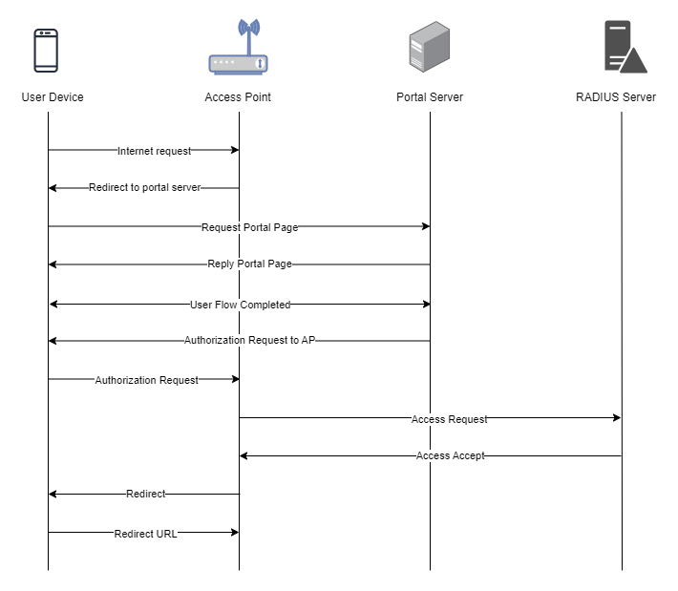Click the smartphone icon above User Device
pyautogui.click(x=46, y=51)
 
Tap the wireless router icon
pyautogui.click(x=238, y=47)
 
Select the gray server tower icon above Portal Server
pyautogui.click(x=430, y=47)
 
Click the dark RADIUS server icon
pyautogui.click(x=625, y=47)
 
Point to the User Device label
pyautogui.click(x=53, y=97)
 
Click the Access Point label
pyautogui.click(x=238, y=97)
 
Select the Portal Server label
pyautogui.click(x=430, y=97)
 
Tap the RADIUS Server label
pyautogui.click(x=616, y=97)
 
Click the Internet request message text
pyautogui.click(x=154, y=151)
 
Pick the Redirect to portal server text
pyautogui.click(x=145, y=188)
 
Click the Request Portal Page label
pyautogui.click(x=249, y=227)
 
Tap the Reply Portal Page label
pyautogui.click(x=249, y=264)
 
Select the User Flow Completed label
pyautogui.click(x=240, y=305)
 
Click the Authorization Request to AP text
pyautogui.click(x=249, y=340)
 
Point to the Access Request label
pyautogui.click(x=449, y=419)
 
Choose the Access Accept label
pyautogui.click(x=450, y=455)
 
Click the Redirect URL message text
pyautogui.click(x=145, y=534)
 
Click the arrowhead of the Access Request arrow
pyautogui.click(x=618, y=417)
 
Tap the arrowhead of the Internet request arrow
pyautogui.click(x=235, y=150)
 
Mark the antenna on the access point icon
pyautogui.click(x=249, y=36)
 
